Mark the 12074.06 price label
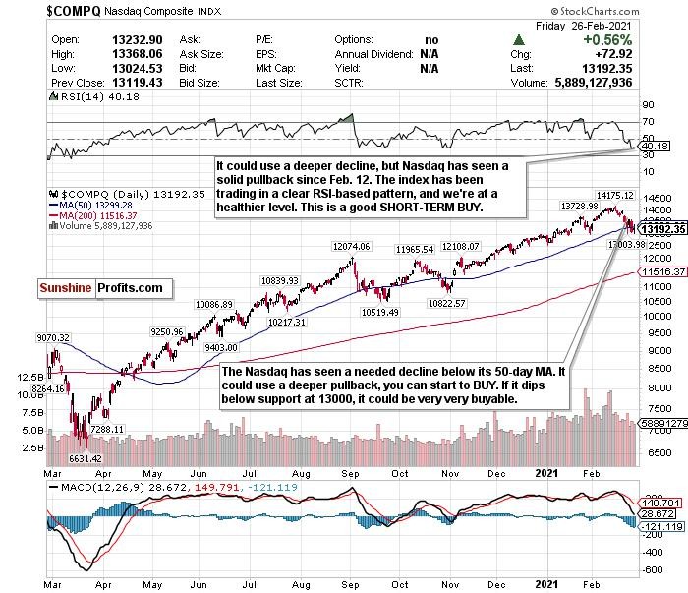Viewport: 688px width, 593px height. [x=347, y=246]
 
